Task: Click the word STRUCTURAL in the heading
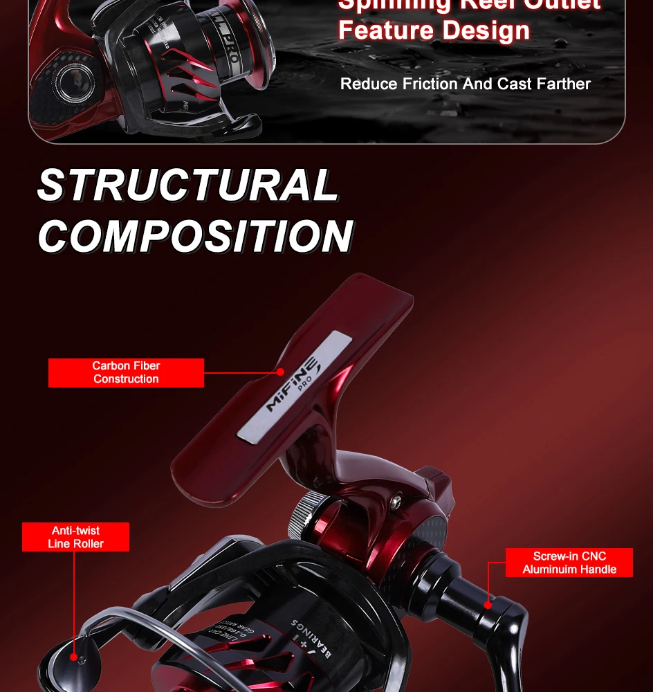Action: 187,185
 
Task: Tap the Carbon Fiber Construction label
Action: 126,372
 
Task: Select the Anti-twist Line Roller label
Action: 75,537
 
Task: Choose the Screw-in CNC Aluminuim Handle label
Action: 569,563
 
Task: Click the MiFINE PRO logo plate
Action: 291,385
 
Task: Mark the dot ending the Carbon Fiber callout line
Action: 281,372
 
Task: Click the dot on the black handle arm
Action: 488,604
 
